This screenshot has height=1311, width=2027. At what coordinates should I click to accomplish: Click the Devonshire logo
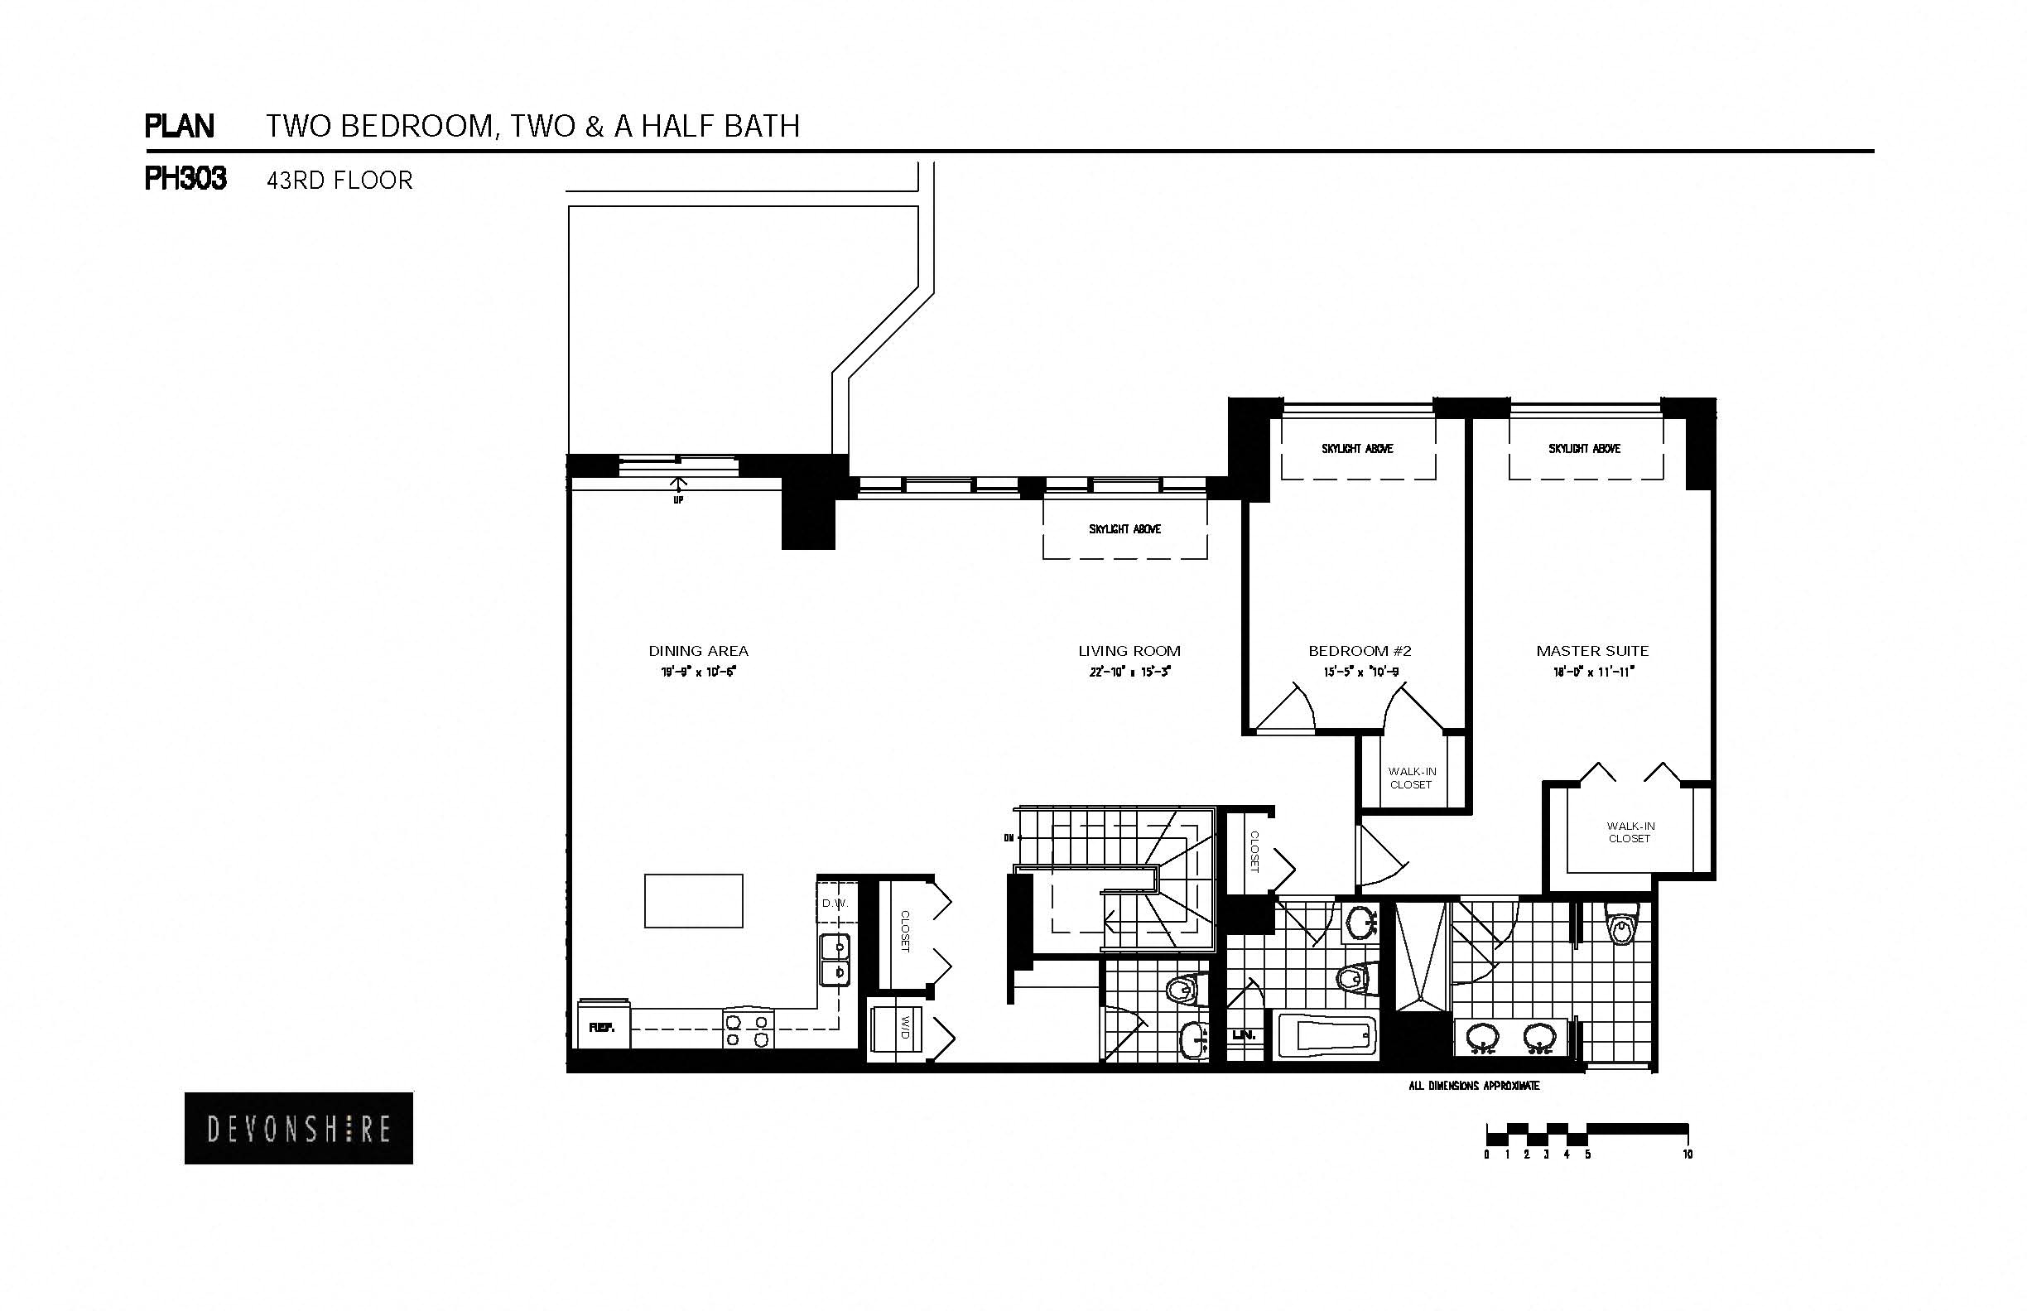299,1129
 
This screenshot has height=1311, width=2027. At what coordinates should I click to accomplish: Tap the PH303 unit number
185,180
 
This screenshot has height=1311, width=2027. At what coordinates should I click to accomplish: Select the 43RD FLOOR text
339,181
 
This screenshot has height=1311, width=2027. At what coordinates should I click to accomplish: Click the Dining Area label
699,651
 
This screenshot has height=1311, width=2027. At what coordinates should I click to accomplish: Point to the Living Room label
1129,651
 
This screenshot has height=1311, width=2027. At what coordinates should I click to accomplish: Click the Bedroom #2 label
1360,651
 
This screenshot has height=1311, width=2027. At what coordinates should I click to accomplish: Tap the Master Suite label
1592,651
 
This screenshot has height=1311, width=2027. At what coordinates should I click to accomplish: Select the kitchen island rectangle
694,901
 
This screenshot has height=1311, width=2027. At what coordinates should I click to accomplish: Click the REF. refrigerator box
603,1027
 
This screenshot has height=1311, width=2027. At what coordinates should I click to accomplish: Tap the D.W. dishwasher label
835,904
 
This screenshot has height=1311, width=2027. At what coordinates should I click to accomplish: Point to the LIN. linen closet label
1243,1035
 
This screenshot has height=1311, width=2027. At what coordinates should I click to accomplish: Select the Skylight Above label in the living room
1125,529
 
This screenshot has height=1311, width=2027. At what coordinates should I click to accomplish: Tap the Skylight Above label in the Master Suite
1585,449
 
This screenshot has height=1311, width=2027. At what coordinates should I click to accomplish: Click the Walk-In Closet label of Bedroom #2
1412,778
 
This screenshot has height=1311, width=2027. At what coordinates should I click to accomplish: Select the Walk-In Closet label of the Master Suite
1630,831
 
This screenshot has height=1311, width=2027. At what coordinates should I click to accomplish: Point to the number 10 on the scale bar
1688,1155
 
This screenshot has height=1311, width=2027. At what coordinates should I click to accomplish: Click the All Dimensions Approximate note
1474,1087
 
